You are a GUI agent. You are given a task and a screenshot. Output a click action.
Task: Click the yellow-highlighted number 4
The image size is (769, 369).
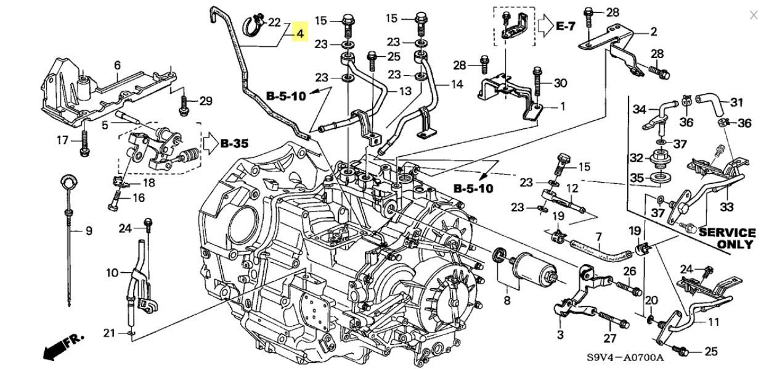[300, 34]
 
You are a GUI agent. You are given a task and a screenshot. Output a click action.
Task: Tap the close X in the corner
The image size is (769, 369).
[753, 15]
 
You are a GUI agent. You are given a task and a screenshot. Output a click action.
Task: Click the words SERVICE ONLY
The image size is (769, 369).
[727, 238]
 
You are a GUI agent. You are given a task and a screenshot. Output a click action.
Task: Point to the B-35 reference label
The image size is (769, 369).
[234, 143]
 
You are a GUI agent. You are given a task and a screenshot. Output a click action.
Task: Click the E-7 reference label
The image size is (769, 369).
[565, 26]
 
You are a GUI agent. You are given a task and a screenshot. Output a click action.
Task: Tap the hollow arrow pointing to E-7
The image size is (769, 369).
[545, 26]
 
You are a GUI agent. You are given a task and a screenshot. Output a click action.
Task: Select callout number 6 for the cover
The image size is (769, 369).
[118, 65]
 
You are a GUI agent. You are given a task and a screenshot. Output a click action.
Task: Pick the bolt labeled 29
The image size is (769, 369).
[184, 106]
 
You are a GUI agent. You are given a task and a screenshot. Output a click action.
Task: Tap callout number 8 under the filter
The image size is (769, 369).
[507, 301]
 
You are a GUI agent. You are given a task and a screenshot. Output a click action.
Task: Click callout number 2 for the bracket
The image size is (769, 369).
[654, 31]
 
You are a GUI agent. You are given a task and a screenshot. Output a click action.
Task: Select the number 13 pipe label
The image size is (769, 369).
[405, 91]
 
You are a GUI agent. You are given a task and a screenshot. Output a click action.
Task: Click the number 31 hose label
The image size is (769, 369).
[736, 102]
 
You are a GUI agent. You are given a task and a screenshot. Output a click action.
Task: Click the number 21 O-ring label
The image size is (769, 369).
[109, 333]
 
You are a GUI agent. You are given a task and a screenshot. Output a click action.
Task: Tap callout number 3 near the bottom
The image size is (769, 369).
[560, 334]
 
